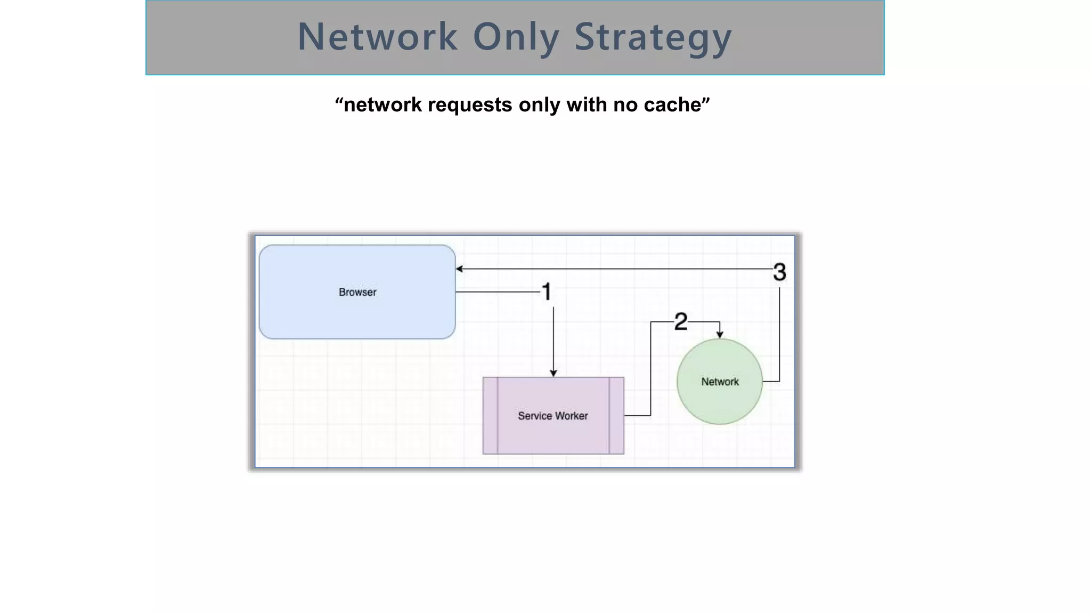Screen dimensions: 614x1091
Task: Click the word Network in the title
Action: (377, 37)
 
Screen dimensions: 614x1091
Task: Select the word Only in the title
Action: (516, 37)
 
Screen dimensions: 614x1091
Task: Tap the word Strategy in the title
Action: (653, 37)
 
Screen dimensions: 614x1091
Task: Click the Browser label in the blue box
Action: (357, 292)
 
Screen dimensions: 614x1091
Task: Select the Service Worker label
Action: (553, 416)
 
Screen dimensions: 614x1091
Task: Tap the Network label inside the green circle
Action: (720, 382)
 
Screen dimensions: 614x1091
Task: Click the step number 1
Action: (547, 292)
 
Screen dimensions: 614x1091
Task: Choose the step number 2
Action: (681, 322)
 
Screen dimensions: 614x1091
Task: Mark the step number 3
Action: (779, 272)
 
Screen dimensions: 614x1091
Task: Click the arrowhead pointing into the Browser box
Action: (459, 269)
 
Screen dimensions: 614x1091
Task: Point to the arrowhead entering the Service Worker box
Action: (553, 373)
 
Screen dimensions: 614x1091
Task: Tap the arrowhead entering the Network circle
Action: (720, 335)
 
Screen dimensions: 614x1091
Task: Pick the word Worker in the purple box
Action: (571, 416)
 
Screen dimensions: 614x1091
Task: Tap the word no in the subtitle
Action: (625, 105)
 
